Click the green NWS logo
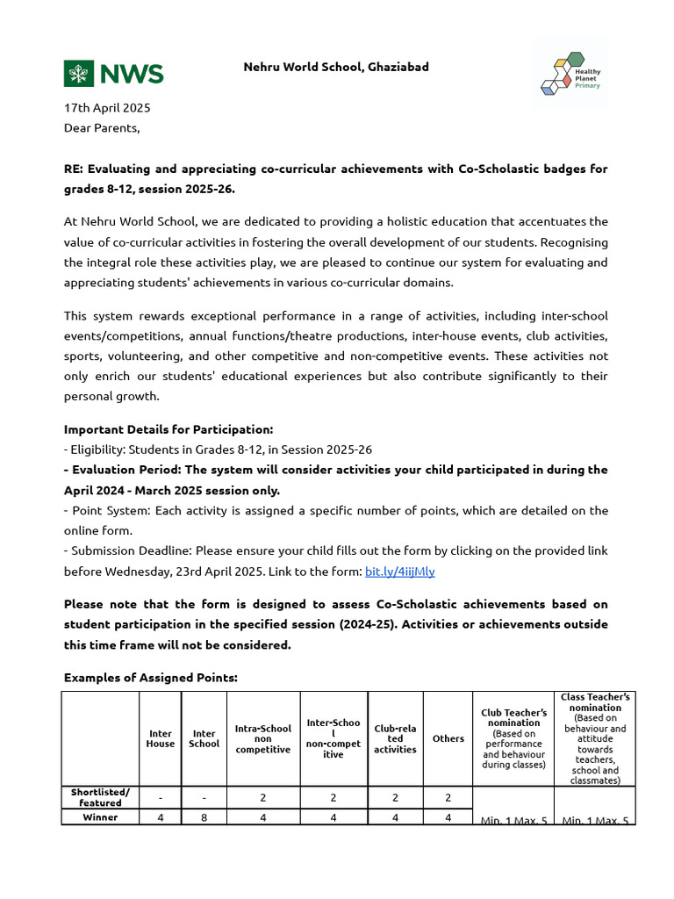tap(113, 74)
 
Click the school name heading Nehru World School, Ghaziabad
tap(336, 67)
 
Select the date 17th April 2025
tap(107, 108)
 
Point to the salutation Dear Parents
tap(102, 128)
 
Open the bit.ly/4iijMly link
tap(399, 572)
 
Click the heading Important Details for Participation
tap(168, 429)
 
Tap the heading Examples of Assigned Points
tap(150, 679)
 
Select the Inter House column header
tap(160, 738)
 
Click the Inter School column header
tap(204, 738)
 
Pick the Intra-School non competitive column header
tap(263, 738)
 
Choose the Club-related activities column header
tap(395, 738)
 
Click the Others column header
tap(448, 738)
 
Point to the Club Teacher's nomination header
tap(513, 738)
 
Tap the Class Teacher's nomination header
tap(595, 738)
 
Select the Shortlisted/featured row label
tap(100, 797)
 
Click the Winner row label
tap(100, 817)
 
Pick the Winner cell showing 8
tap(204, 817)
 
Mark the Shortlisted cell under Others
tap(448, 797)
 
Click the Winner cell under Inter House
tap(160, 817)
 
